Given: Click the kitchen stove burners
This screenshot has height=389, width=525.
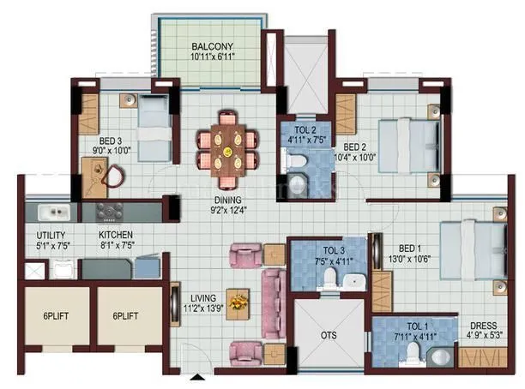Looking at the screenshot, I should [112, 211].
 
